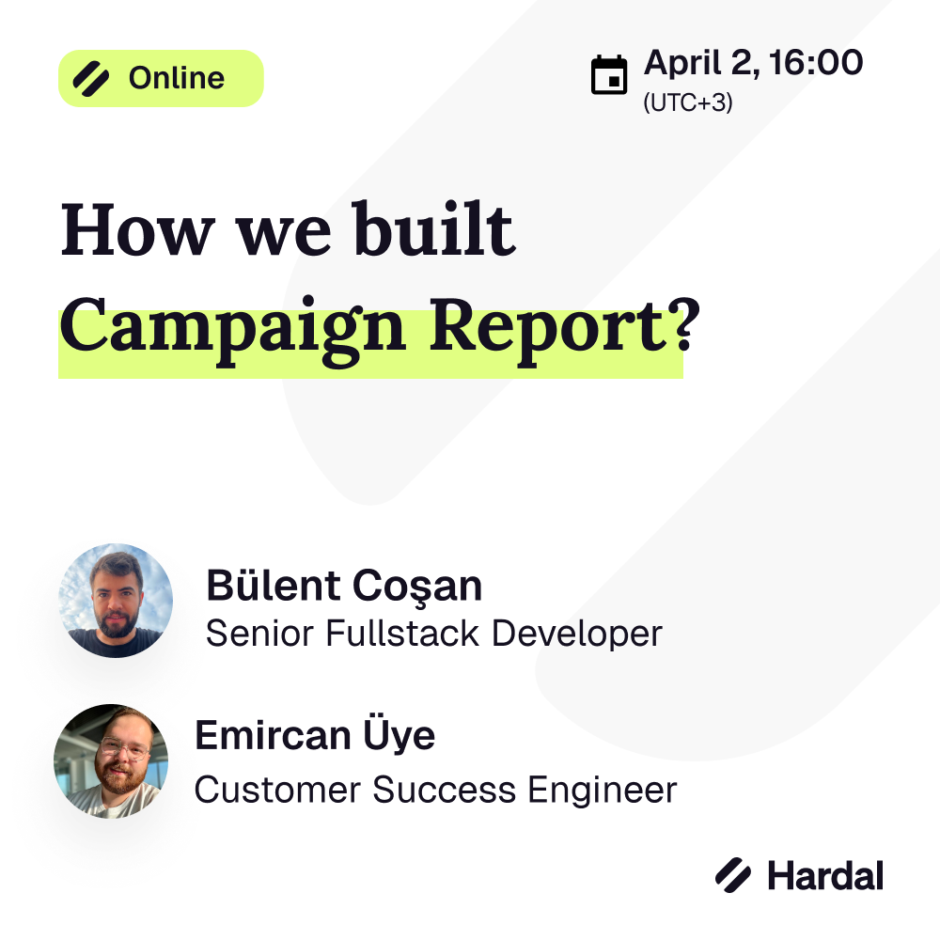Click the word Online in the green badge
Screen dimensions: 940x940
click(177, 78)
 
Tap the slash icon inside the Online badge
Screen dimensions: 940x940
click(91, 79)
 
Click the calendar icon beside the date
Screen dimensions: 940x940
click(609, 75)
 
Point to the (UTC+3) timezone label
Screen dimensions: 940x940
click(688, 102)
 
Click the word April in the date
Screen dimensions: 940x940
click(682, 64)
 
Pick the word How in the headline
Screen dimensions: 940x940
click(137, 230)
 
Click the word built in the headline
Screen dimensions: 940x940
click(432, 227)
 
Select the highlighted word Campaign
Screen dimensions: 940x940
click(232, 331)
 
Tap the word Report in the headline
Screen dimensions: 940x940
click(547, 330)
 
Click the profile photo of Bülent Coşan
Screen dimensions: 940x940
click(116, 601)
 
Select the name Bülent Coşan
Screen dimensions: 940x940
click(344, 585)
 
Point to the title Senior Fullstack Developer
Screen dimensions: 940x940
click(434, 634)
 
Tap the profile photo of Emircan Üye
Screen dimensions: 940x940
click(111, 760)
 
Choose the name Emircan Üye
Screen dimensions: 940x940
click(315, 734)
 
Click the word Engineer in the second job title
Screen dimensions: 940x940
click(602, 791)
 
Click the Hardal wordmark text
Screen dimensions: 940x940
click(825, 876)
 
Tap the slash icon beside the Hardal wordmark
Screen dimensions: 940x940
click(732, 875)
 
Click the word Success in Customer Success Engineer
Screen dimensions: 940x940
click(445, 790)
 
